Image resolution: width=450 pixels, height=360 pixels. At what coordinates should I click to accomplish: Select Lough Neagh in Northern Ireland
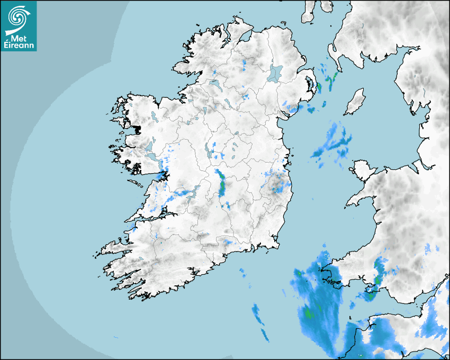275,73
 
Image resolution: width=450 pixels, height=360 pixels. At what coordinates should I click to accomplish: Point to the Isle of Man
355,102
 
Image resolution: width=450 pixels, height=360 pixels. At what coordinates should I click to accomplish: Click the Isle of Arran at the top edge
309,12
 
